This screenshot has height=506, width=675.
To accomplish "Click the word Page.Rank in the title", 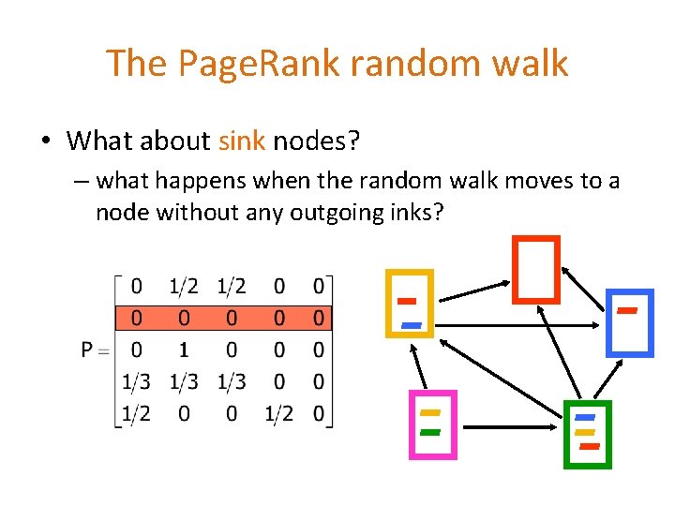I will pyautogui.click(x=239, y=64).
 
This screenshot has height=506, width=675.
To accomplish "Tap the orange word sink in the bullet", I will pyautogui.click(x=242, y=141).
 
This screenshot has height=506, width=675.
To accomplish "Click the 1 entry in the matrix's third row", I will pyautogui.click(x=184, y=350).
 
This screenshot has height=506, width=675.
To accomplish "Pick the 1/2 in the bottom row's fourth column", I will pyautogui.click(x=278, y=413).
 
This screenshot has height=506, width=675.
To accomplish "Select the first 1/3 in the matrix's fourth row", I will pyautogui.click(x=137, y=381).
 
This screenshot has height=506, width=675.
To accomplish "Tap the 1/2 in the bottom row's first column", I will pyautogui.click(x=137, y=413).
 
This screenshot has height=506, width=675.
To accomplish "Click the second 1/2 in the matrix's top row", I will pyautogui.click(x=232, y=285).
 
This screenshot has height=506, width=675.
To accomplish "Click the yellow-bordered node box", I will pyautogui.click(x=410, y=303).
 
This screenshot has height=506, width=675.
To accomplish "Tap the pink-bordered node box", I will pyautogui.click(x=431, y=424).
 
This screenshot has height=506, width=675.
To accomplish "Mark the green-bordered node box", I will pyautogui.click(x=587, y=433).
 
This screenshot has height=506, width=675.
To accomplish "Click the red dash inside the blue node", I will pyautogui.click(x=628, y=309).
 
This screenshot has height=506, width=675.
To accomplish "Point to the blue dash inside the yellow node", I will pyautogui.click(x=412, y=324).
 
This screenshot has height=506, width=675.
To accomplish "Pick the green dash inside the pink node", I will pyautogui.click(x=431, y=432).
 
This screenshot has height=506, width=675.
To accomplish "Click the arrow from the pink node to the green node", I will pyautogui.click(x=510, y=426).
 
